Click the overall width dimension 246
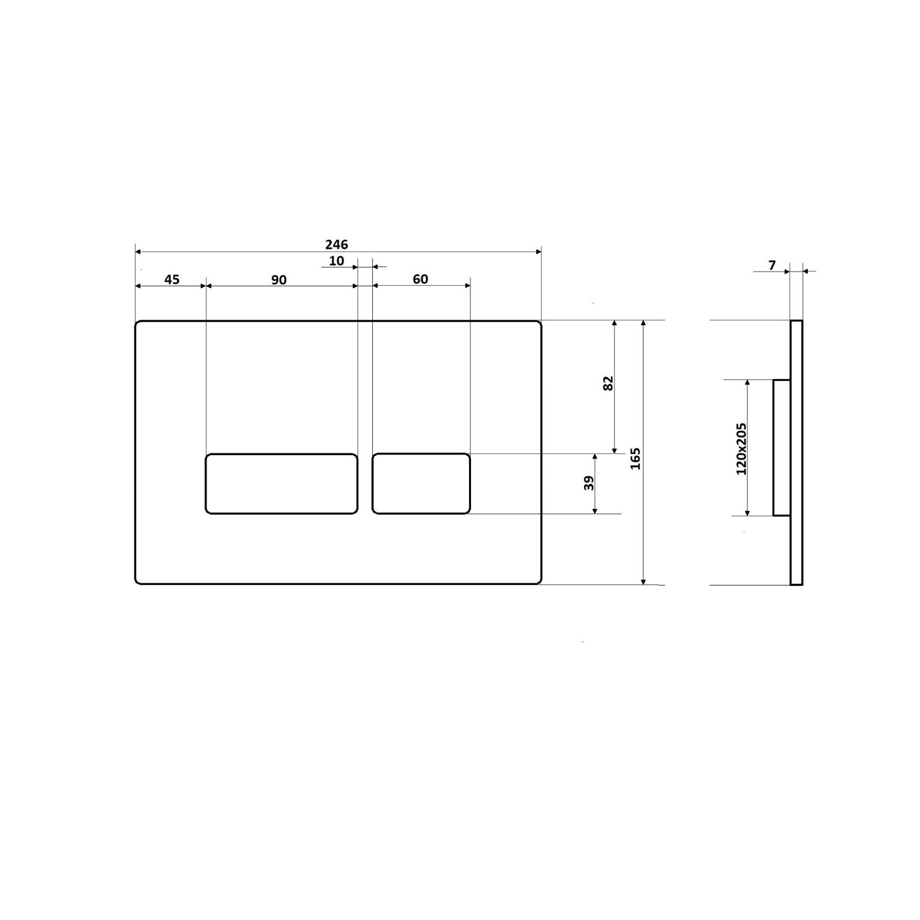(x=336, y=244)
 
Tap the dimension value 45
(x=172, y=280)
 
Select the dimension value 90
(x=278, y=280)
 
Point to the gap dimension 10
(x=337, y=261)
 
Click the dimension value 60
(x=420, y=280)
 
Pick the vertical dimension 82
(x=608, y=383)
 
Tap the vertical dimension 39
(x=589, y=483)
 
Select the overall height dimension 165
(x=635, y=458)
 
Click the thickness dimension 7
(x=772, y=266)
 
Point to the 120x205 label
(x=742, y=448)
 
